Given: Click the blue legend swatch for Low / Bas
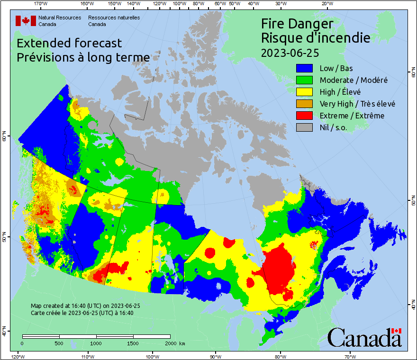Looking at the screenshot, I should pyautogui.click(x=305, y=68).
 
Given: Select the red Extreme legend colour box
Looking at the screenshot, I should pyautogui.click(x=305, y=116).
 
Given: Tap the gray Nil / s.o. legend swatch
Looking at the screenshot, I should pyautogui.click(x=305, y=127).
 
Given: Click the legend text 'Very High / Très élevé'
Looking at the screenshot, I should pyautogui.click(x=357, y=104).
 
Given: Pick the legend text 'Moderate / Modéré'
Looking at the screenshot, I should pyautogui.click(x=354, y=80).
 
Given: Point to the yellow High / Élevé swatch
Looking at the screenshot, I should pyautogui.click(x=305, y=92).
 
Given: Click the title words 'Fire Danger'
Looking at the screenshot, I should pyautogui.click(x=297, y=24).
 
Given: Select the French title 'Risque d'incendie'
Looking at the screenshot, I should pyautogui.click(x=316, y=38).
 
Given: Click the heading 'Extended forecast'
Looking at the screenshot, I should pyautogui.click(x=69, y=43).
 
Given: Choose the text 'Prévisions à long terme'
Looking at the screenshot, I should pyautogui.click(x=83, y=57).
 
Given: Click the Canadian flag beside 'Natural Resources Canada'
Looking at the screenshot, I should pyautogui.click(x=26, y=21).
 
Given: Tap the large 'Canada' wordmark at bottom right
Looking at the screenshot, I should pyautogui.click(x=364, y=338).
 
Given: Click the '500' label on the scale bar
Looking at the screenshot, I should pyautogui.click(x=59, y=343).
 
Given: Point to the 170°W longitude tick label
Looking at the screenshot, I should pyautogui.click(x=41, y=4).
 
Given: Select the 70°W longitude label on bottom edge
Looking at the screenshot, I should pyautogui.click(x=351, y=356).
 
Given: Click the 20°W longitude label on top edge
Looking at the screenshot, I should pyautogui.click(x=326, y=4).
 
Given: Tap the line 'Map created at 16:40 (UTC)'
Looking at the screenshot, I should pyautogui.click(x=85, y=306).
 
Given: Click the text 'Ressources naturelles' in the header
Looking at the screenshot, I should pyautogui.click(x=114, y=18).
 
